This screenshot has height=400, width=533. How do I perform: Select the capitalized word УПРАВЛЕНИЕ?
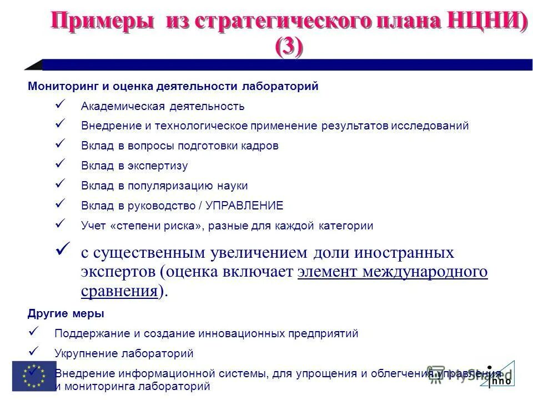pos(244,206)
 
